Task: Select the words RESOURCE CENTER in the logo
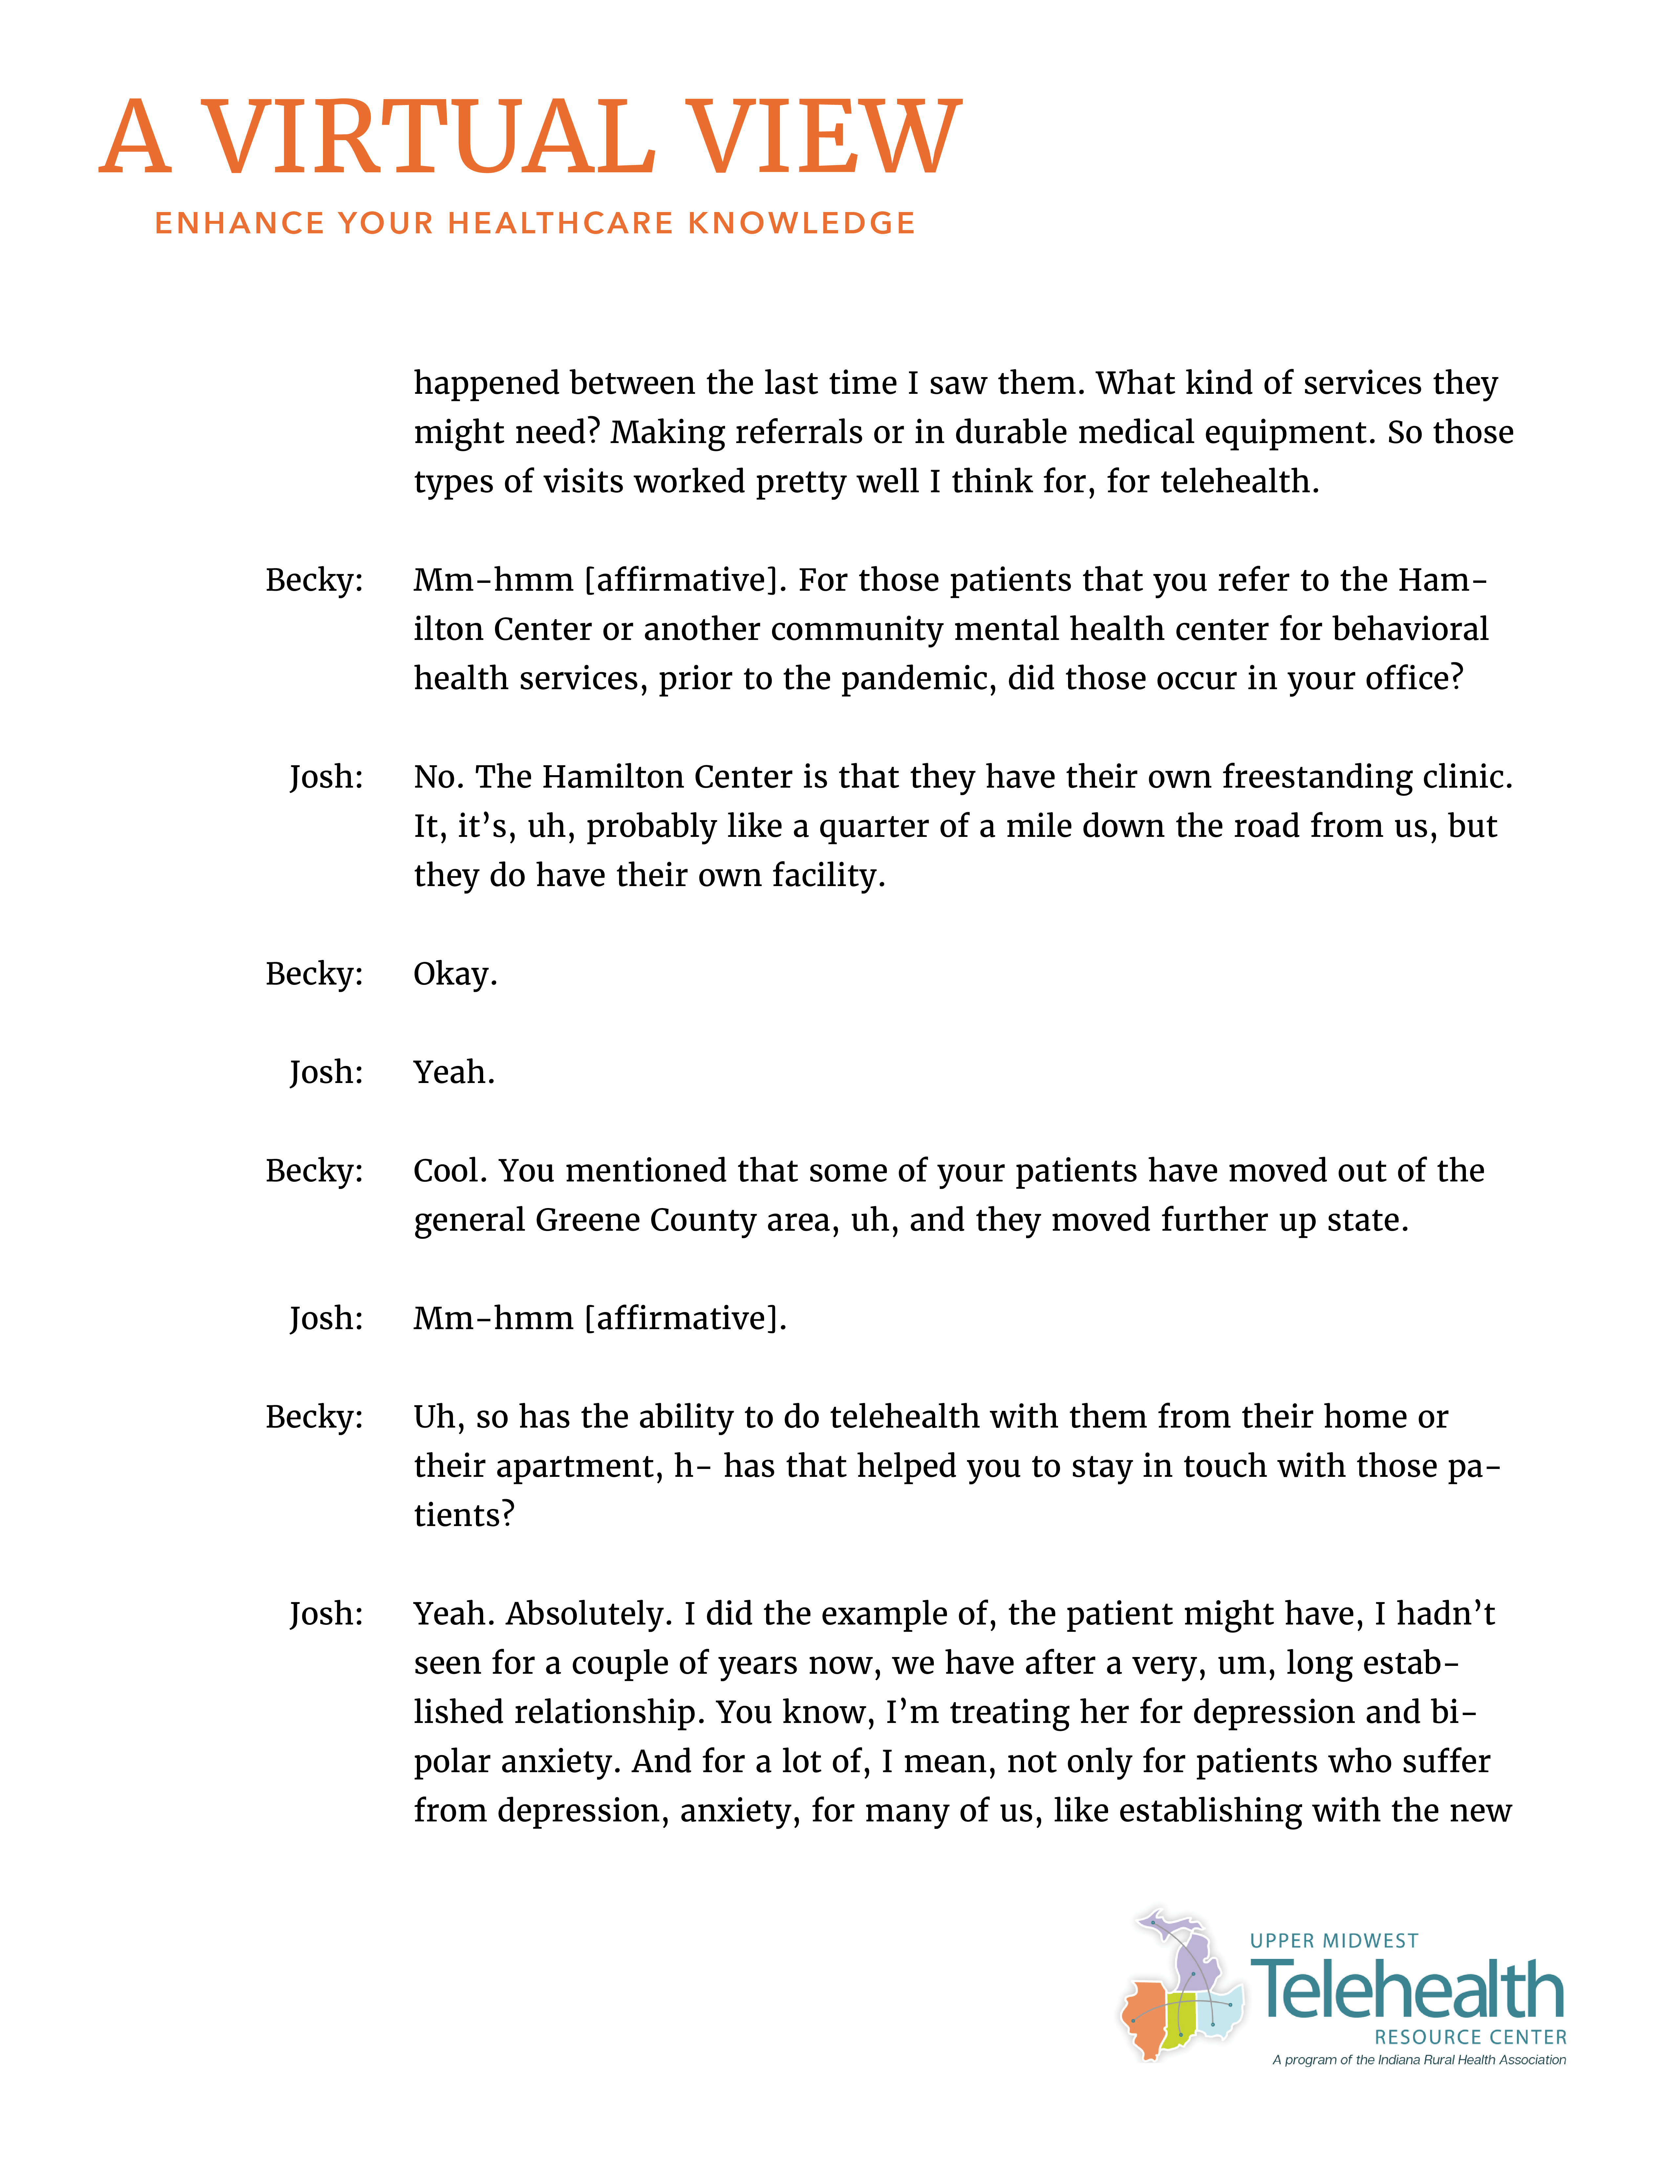(x=1470, y=2037)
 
